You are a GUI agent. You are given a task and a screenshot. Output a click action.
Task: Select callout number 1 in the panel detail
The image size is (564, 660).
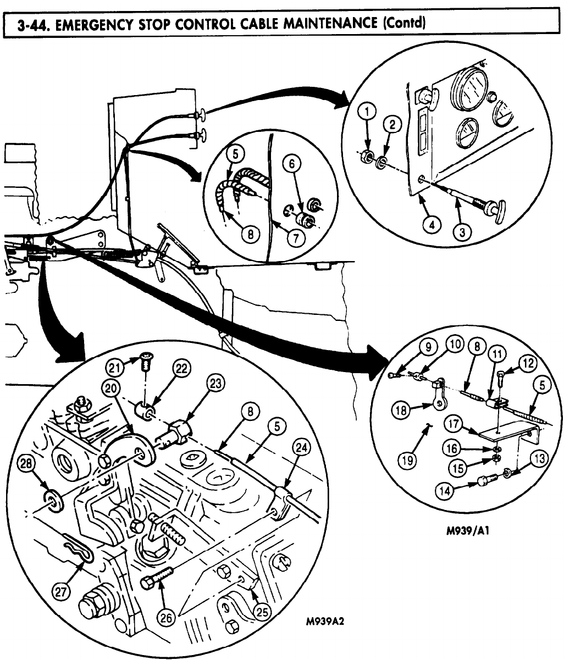pyautogui.click(x=367, y=113)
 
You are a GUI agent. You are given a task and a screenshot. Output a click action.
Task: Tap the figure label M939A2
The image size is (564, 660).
pyautogui.click(x=328, y=623)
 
